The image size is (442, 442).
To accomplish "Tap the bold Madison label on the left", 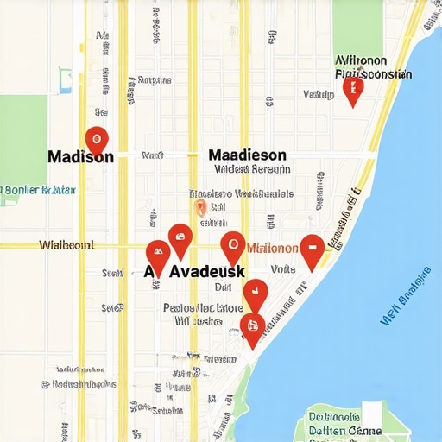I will [79, 157].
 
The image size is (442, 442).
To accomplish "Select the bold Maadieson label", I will [247, 155].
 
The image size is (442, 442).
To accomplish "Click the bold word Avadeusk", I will [207, 270].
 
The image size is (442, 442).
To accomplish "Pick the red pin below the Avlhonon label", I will [352, 89].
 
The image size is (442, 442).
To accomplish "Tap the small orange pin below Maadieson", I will [200, 206].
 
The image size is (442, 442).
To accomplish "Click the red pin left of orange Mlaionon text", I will [232, 248].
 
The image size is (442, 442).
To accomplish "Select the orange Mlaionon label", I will [273, 248].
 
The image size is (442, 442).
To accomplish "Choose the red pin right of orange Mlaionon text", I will [311, 249].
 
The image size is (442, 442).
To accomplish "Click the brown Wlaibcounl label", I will [67, 245].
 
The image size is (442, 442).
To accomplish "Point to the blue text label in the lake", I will [407, 299].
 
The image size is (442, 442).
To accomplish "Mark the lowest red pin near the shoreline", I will [251, 328].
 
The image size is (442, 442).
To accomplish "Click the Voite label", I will [283, 269].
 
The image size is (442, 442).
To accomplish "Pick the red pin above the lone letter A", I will [157, 256].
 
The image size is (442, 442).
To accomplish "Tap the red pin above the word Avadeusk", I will [180, 238].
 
